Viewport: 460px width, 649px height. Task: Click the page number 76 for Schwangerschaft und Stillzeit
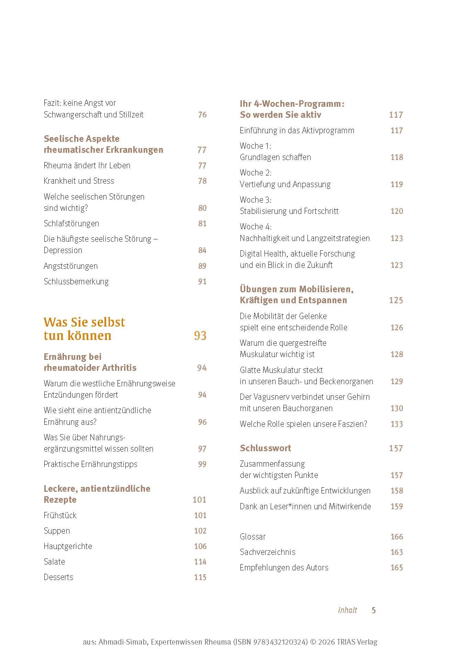202,115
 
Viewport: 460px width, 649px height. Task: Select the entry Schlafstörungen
71,224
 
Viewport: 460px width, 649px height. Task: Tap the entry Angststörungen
70,266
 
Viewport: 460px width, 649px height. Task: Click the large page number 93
200,335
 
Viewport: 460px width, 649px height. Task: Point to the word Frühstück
60,515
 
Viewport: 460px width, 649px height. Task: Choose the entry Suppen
57,531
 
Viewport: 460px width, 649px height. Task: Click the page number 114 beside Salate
200,562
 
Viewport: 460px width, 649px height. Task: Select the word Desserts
58,577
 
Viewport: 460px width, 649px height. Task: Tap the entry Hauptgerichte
68,546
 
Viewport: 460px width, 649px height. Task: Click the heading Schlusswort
265,448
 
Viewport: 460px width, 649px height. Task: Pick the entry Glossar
253,537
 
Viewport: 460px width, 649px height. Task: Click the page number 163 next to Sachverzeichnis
396,552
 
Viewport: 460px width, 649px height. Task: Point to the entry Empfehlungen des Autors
284,568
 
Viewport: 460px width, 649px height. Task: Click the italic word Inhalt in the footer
347,610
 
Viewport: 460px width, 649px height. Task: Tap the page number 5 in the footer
374,610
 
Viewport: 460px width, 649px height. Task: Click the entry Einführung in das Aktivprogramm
297,130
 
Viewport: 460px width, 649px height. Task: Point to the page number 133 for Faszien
396,424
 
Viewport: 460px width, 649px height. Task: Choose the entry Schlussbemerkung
76,282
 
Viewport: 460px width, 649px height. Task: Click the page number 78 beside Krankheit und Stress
202,181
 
